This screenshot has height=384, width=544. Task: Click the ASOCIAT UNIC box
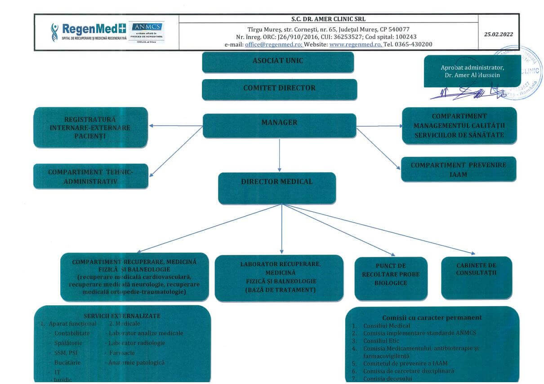tap(278, 62)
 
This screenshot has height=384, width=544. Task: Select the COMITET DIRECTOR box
tap(279, 89)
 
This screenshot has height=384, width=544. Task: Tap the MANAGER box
tap(279, 125)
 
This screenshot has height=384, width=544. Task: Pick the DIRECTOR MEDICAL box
tap(277, 188)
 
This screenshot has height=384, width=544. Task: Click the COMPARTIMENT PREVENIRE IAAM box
tap(458, 169)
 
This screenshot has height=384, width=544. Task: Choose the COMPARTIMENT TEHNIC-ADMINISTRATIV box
tap(90, 176)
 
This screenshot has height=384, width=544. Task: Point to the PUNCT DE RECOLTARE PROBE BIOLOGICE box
tap(391, 278)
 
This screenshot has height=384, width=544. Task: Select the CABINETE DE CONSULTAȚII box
tap(476, 277)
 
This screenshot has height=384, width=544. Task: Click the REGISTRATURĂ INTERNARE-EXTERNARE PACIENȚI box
tap(90, 127)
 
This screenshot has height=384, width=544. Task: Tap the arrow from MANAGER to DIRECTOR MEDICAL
tap(280, 155)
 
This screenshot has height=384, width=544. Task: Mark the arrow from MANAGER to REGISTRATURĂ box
tap(176, 126)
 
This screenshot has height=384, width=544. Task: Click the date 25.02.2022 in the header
tap(498, 34)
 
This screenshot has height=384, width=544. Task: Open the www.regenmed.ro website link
tap(356, 45)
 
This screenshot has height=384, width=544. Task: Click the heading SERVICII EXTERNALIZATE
tap(122, 316)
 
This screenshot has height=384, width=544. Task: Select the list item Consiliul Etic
tap(381, 341)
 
